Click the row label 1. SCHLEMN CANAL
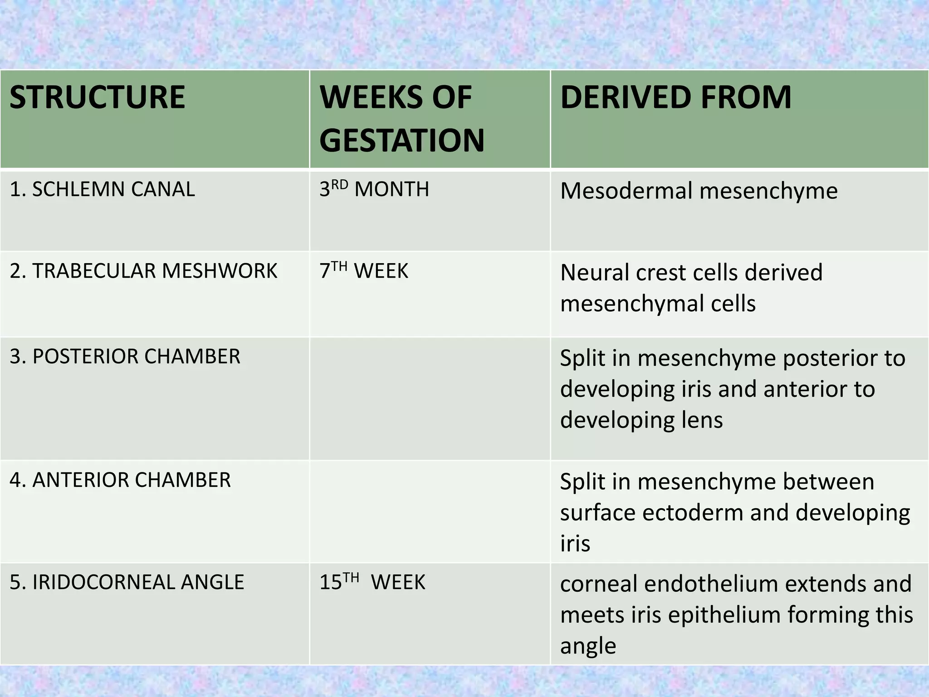point(102,189)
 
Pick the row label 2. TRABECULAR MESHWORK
point(143,271)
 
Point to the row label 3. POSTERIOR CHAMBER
point(125,357)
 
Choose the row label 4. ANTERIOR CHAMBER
point(120,480)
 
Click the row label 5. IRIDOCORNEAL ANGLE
point(127,582)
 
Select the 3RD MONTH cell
point(374,189)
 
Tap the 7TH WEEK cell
point(363,271)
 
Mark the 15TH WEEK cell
point(372,582)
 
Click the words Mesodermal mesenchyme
point(699,191)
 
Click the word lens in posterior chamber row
point(701,420)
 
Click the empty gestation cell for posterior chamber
point(430,398)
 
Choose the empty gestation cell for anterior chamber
point(430,512)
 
